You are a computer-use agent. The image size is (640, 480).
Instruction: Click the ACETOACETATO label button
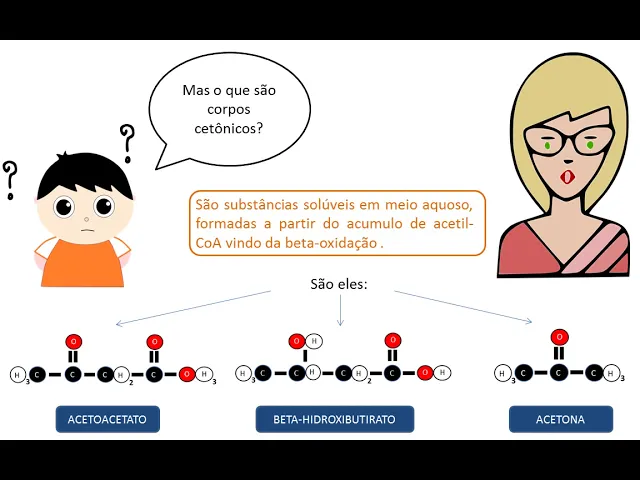click(107, 419)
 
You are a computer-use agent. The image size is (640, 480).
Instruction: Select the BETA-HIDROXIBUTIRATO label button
click(335, 419)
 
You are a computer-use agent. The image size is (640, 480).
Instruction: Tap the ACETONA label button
click(560, 419)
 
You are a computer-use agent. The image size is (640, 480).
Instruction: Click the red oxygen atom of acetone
click(560, 337)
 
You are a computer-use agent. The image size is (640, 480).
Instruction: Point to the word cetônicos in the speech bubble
click(229, 127)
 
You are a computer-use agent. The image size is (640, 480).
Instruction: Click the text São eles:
click(339, 284)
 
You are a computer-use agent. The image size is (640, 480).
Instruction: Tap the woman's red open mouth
click(568, 177)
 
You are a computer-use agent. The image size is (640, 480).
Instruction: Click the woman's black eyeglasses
click(567, 143)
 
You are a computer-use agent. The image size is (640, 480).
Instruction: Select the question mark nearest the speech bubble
click(127, 142)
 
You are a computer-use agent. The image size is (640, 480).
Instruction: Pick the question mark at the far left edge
click(10, 179)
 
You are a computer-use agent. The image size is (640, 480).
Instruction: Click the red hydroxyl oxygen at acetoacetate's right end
click(186, 375)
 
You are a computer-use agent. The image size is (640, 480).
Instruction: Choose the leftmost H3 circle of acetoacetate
click(17, 375)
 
